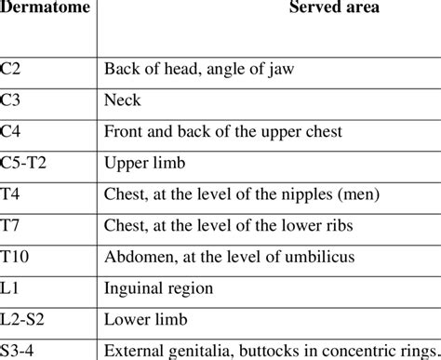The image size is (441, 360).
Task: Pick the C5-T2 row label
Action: coord(26,164)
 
